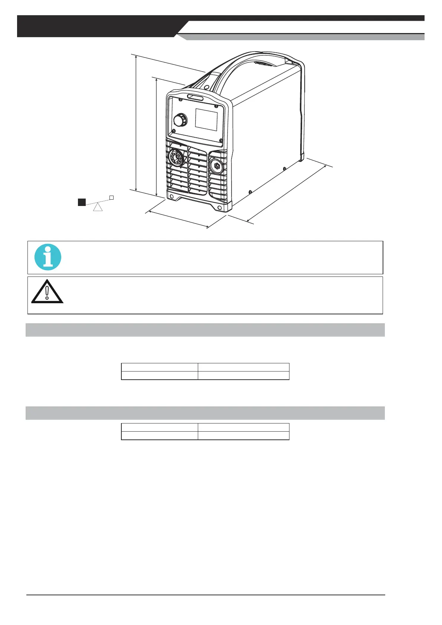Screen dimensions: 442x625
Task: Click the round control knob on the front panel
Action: click(x=180, y=121)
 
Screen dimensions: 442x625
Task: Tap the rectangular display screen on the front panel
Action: click(x=206, y=120)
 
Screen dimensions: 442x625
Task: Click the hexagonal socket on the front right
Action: click(x=215, y=166)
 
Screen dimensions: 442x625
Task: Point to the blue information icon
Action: click(x=48, y=257)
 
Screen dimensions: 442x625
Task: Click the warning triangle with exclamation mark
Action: click(x=47, y=291)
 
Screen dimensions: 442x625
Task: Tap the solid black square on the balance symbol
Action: click(x=82, y=202)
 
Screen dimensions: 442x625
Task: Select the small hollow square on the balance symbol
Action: click(x=111, y=198)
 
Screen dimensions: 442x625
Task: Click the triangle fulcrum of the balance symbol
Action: click(x=98, y=207)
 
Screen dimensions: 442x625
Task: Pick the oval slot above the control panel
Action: click(x=195, y=98)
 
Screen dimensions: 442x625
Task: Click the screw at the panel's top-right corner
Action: click(x=216, y=107)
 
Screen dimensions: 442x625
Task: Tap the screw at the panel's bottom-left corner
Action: click(x=174, y=130)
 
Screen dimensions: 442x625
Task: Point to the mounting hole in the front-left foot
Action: click(x=171, y=196)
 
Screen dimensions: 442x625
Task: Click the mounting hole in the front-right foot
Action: click(x=220, y=208)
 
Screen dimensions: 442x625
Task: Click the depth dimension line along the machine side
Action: click(x=286, y=194)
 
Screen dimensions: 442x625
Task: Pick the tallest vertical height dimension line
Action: click(x=136, y=122)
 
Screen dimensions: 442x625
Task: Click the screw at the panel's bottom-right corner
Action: click(x=221, y=140)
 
